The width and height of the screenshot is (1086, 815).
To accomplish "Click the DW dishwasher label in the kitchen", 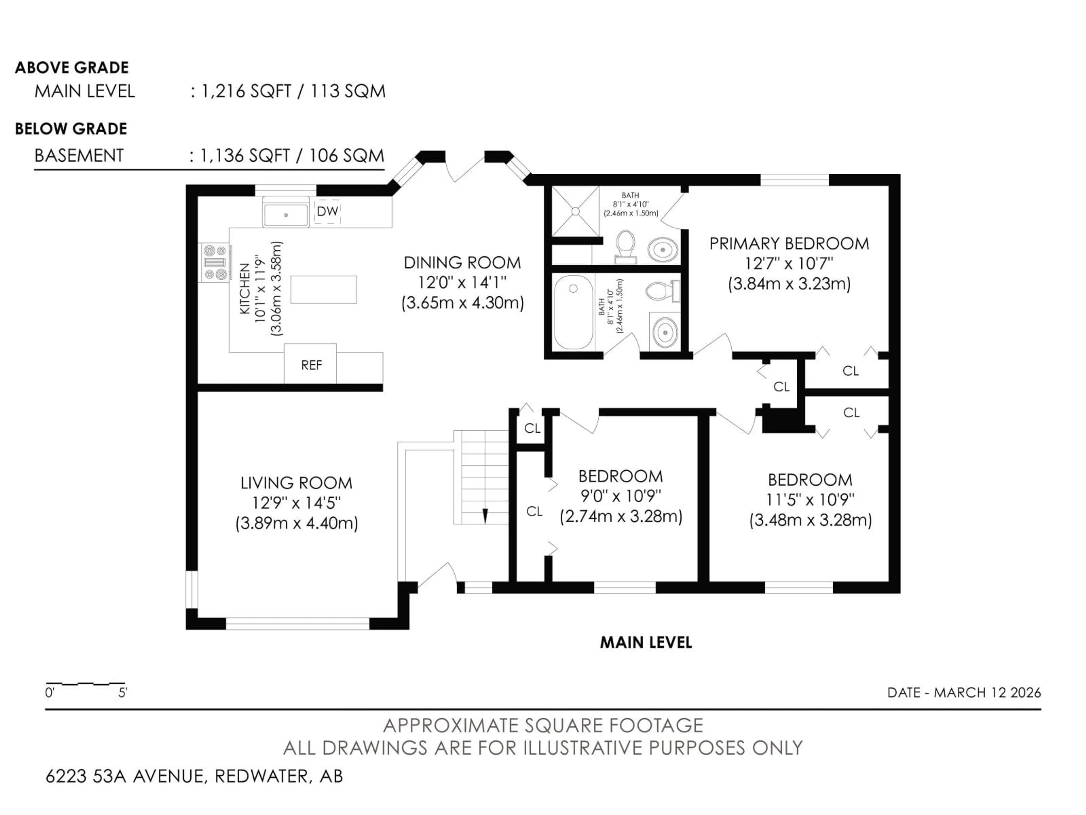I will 327,211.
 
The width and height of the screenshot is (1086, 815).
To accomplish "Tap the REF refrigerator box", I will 311,365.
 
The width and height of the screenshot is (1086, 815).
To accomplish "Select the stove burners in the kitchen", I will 215,263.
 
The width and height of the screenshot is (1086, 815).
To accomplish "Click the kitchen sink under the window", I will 286,215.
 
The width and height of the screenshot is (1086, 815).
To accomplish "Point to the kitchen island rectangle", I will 324,289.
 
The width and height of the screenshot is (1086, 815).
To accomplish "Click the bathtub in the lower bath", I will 573,312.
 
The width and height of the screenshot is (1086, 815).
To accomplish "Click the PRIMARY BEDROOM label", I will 789,244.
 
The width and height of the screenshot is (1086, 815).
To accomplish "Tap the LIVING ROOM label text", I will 297,483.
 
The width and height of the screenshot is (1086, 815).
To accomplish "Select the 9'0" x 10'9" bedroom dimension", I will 620,496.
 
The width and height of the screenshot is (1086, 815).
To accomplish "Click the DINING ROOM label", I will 462,263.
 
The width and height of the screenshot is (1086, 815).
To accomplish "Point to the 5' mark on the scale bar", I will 122,693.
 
